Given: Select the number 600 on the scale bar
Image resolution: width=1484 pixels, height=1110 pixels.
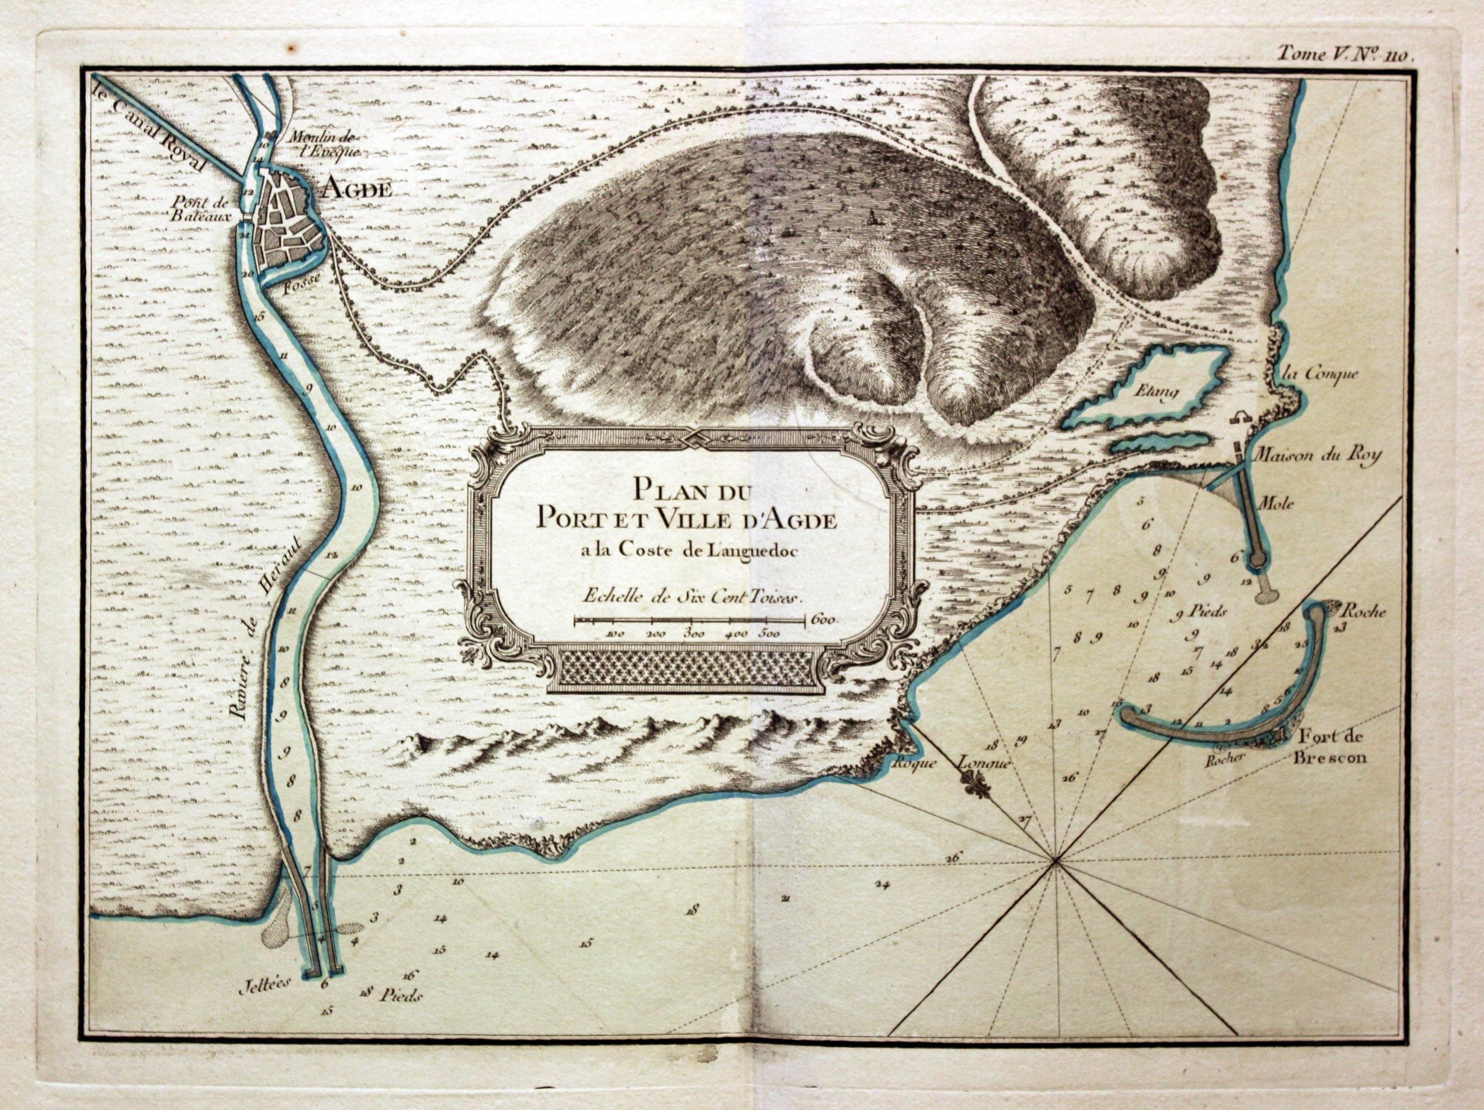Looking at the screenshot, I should (823, 620).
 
